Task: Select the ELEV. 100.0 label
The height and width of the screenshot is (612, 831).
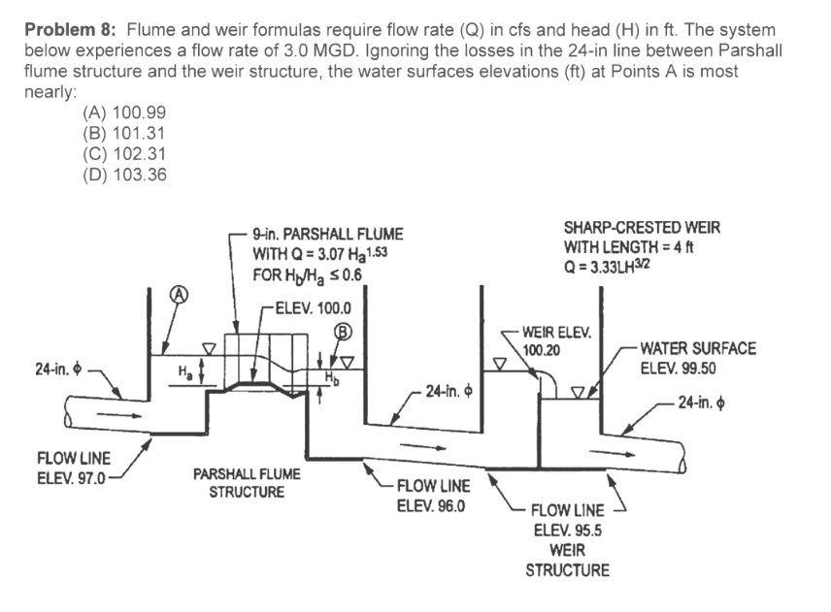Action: tap(314, 309)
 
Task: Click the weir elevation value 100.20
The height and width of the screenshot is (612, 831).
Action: tap(542, 348)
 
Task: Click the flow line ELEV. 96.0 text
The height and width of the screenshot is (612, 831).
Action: tap(433, 504)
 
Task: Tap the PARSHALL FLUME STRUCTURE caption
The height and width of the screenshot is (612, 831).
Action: tap(247, 482)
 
